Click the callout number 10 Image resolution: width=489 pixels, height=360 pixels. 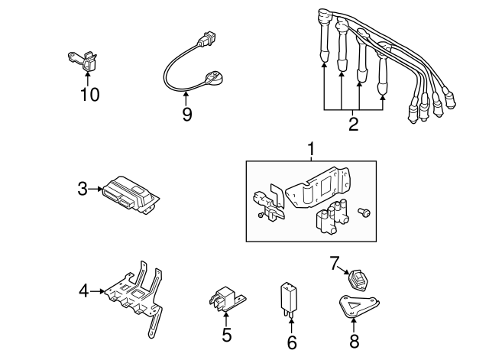90,94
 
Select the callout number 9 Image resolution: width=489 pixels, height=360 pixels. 186,114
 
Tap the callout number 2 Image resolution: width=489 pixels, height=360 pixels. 353,124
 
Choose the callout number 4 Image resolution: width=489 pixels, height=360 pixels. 85,290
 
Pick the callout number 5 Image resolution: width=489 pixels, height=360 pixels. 226,334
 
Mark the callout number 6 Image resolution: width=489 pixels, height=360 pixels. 291,342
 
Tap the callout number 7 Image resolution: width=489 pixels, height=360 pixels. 333,264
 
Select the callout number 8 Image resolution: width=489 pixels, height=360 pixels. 353,342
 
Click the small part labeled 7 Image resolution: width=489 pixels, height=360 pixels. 358,280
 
